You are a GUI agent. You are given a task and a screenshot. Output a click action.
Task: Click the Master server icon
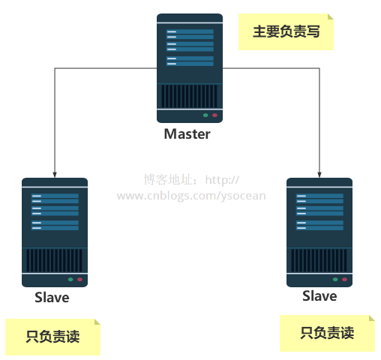coord(190,67)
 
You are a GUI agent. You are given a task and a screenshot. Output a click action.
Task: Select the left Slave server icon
coord(55,232)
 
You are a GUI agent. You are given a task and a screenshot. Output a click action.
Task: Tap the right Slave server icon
coord(319,232)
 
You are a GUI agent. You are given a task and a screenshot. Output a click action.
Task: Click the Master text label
coord(187,135)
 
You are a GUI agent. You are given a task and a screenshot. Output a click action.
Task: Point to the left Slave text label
coord(52,298)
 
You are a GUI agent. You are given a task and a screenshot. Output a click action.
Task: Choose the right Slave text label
coord(319,296)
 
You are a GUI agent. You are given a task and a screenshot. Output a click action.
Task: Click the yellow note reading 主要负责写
coord(286,32)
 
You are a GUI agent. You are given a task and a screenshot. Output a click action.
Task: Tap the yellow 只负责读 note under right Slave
coord(327,333)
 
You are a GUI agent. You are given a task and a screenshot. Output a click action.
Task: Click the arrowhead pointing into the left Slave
coord(55,172)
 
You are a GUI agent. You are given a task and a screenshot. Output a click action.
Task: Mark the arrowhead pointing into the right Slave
coord(320,172)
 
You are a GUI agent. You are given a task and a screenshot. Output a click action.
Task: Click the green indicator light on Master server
coord(205,115)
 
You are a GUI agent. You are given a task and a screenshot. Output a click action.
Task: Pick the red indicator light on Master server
coord(214,115)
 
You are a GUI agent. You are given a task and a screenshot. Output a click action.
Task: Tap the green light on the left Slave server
coord(70,279)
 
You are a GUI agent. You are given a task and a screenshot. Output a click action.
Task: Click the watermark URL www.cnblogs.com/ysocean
coord(190,196)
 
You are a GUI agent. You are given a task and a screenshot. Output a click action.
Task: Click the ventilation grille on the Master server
coord(190,96)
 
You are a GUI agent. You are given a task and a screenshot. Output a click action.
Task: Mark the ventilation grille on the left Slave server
coord(55,260)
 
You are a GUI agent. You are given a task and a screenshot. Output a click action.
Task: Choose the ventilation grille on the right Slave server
coord(319,260)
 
